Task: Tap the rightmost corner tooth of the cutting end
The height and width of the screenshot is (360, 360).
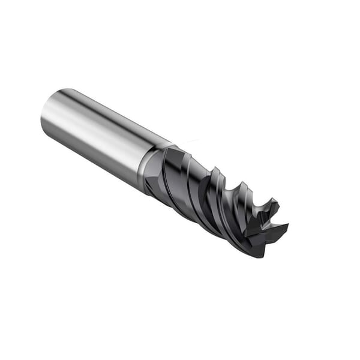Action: (x=287, y=226)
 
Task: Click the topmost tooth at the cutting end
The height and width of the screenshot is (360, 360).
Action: (x=275, y=202)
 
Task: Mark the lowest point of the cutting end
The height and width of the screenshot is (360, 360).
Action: (x=259, y=257)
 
